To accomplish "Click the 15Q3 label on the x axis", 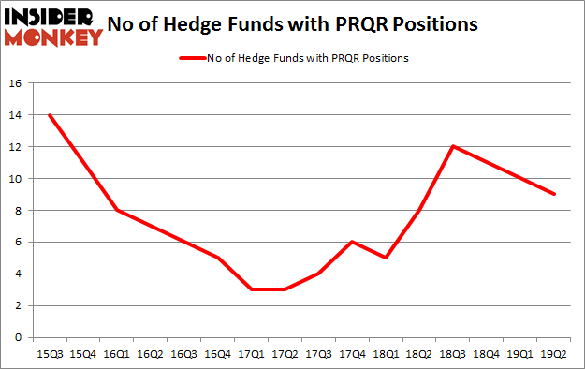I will tap(49, 354).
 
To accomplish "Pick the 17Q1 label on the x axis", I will tap(251, 354).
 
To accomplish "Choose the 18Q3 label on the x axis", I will tap(453, 354).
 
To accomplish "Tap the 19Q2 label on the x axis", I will tap(554, 354).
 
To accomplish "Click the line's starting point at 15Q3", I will tap(49, 115).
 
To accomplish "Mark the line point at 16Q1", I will tap(116, 211).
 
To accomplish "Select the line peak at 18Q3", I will tap(453, 147).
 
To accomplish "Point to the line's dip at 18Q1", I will tap(386, 258).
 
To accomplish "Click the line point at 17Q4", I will tap(352, 242).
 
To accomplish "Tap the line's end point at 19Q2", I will tap(554, 195).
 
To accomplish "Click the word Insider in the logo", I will tap(51, 17).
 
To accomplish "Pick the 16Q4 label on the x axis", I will tap(217, 354).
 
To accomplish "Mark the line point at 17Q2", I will tap(285, 289).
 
